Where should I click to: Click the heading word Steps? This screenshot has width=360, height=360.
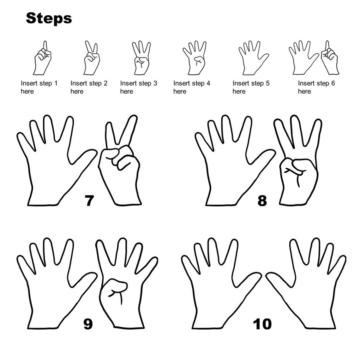click(49, 18)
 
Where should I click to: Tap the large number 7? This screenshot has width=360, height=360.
click(89, 201)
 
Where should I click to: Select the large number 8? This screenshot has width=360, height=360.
click(262, 201)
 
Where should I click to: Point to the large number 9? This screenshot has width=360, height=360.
click(88, 324)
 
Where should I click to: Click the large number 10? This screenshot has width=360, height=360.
click(262, 324)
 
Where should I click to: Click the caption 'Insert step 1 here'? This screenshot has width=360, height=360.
click(39, 87)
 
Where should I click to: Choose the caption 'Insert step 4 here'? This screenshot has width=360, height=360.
click(191, 87)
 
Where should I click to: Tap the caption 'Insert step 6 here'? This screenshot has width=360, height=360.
click(316, 87)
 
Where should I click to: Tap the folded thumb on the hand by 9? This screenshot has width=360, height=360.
click(117, 286)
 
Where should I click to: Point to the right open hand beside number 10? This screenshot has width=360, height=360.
click(306, 284)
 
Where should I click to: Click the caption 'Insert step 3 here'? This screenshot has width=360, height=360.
click(138, 87)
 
